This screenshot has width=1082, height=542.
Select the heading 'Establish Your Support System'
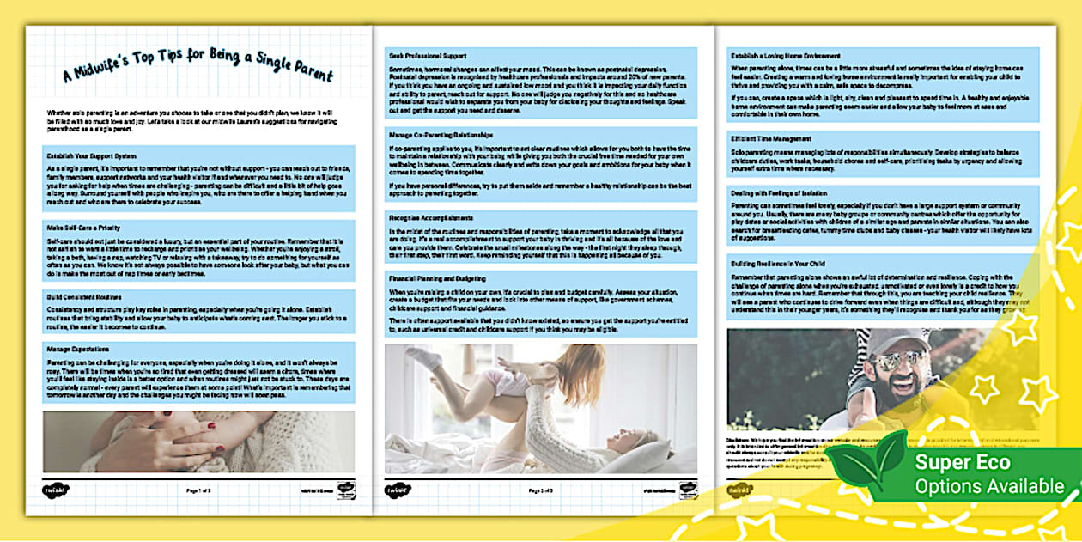click(78, 155)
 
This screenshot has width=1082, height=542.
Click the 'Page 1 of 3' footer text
click(199, 490)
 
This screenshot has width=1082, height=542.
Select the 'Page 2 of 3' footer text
click(541, 490)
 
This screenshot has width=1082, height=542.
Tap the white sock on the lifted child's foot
click(424, 358)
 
